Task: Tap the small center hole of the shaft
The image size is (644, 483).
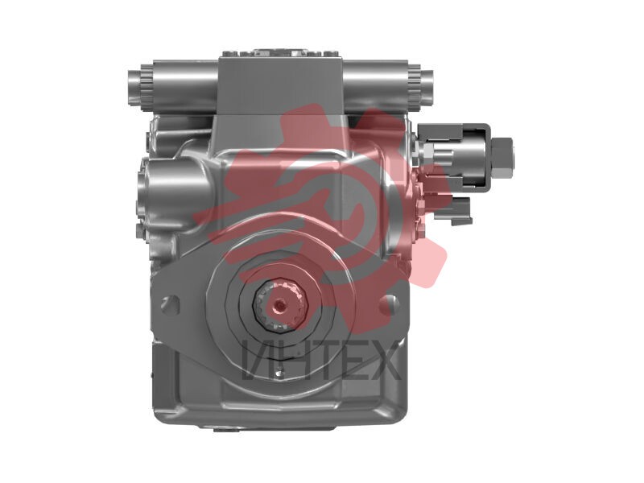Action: pos(280,304)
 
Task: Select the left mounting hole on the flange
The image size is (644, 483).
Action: pos(171,304)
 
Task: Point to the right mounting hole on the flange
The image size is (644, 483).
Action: pos(389,303)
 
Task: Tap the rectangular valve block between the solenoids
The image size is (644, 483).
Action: pos(281,86)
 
